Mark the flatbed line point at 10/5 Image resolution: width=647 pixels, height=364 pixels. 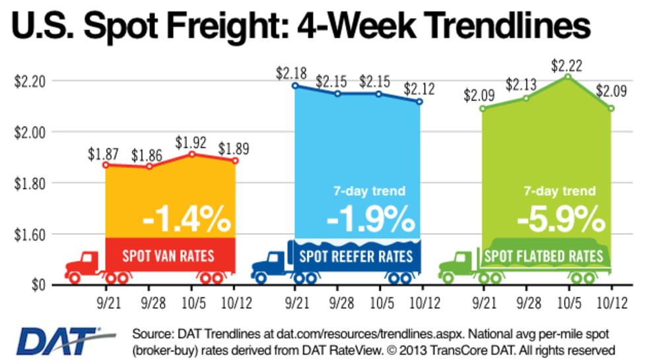click(568, 77)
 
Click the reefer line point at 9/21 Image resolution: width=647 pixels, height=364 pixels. click(294, 86)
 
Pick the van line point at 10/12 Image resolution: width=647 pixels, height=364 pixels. click(235, 160)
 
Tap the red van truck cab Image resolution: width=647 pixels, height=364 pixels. click(83, 262)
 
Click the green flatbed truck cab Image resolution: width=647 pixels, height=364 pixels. click(456, 262)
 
